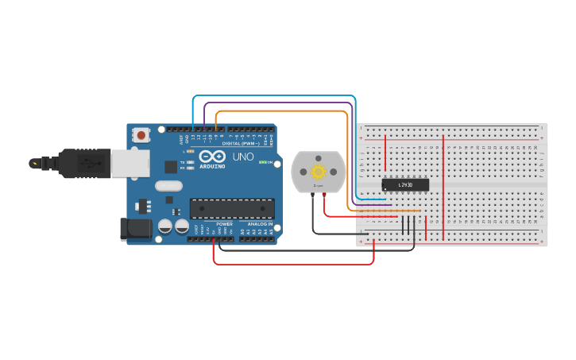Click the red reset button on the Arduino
(141, 135)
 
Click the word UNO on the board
(242, 157)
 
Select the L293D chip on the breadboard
(405, 184)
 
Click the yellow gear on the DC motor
(319, 172)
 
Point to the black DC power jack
(133, 229)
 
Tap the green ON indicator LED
(263, 162)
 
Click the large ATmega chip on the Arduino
(231, 209)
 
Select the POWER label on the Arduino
(224, 224)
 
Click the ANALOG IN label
(259, 224)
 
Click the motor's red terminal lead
(323, 195)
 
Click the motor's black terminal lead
(313, 195)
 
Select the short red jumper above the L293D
(385, 153)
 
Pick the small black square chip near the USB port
(170, 167)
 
